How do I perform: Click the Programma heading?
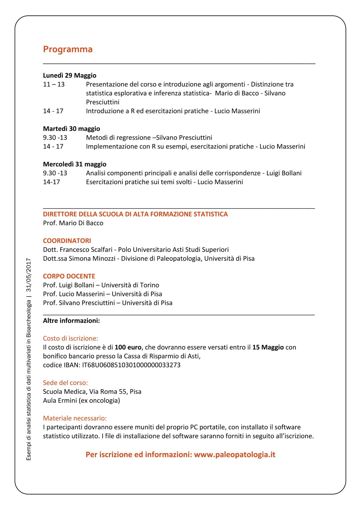coord(68,49)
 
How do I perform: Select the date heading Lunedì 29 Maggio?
coord(70,75)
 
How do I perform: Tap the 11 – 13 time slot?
coord(54,84)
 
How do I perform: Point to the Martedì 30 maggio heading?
coord(72,129)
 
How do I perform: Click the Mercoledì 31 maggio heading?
coord(75,164)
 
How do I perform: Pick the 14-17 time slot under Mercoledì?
coord(51,182)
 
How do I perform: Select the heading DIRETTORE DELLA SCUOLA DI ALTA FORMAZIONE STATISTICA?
coord(135,214)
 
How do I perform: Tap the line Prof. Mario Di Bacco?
coord(73,223)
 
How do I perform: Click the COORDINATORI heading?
coord(67,241)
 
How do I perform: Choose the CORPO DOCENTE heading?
coord(69,277)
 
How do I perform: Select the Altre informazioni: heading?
coord(72,321)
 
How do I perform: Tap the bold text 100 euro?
coord(128,347)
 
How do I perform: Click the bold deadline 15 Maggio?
coord(268,347)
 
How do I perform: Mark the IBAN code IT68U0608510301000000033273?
coord(131,365)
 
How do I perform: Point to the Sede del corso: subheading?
coord(66,383)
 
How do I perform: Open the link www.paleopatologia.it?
coord(235,455)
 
